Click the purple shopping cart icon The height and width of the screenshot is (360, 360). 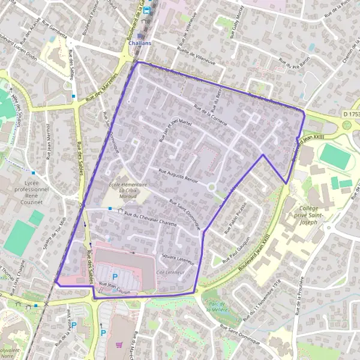click(119, 345)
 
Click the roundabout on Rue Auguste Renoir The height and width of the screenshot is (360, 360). click(211, 187)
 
